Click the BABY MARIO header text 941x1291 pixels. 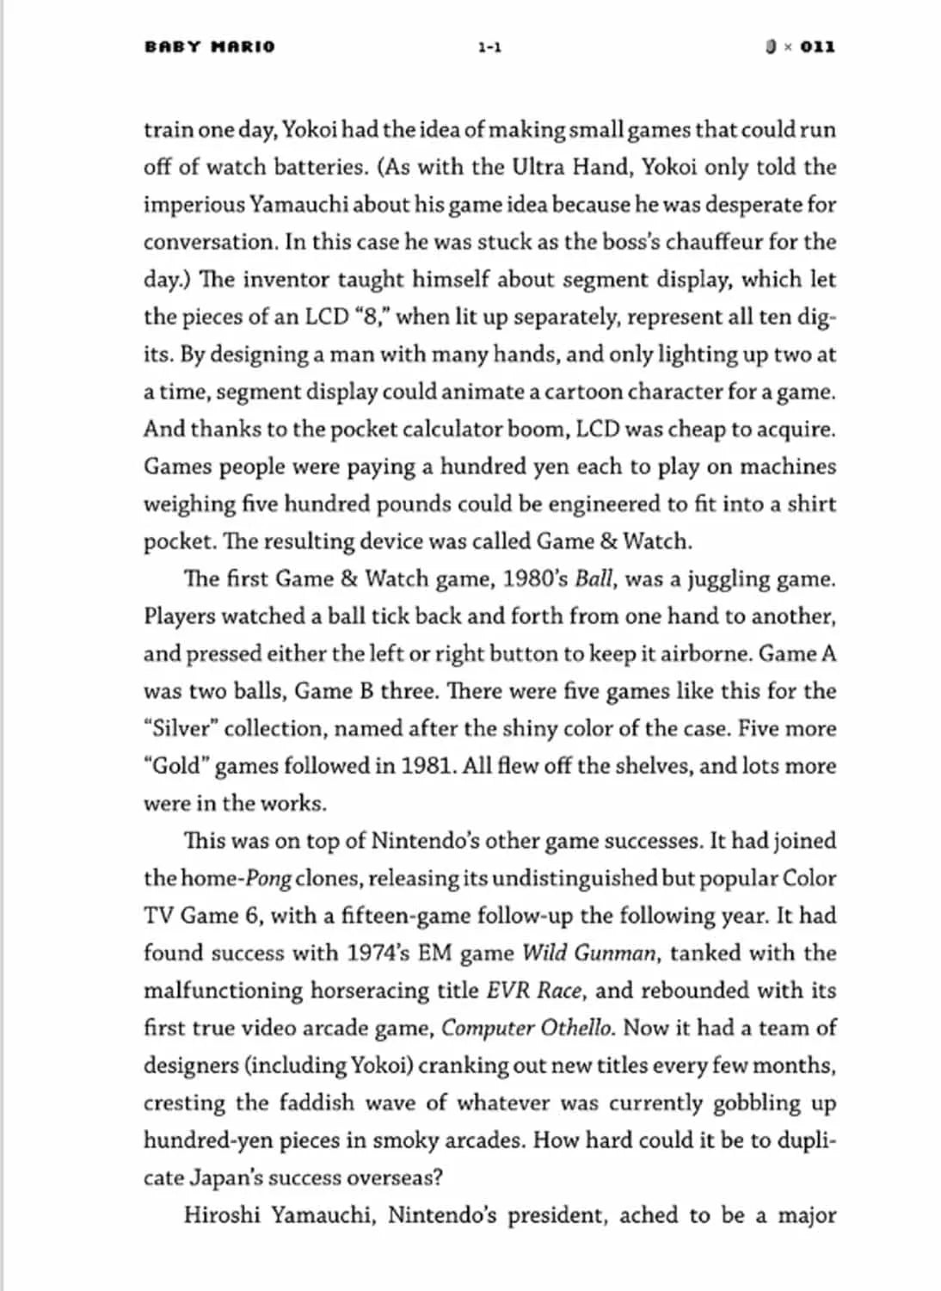pos(210,46)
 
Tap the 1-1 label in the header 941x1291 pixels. pos(489,47)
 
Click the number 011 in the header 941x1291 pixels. pos(817,46)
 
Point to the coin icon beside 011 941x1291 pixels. pos(772,46)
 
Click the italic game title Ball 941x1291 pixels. pos(594,578)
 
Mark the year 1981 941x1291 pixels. pos(428,766)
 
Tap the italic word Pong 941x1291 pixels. pos(268,879)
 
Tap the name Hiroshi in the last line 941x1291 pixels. pos(221,1215)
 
